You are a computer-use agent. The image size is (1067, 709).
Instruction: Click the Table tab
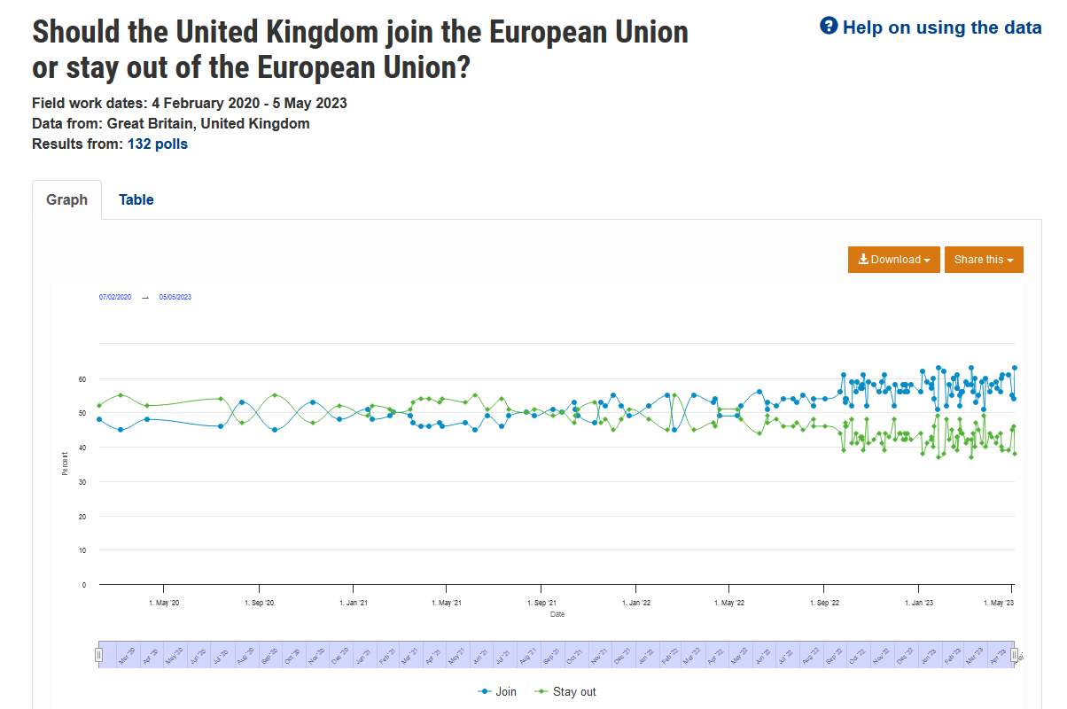(x=136, y=200)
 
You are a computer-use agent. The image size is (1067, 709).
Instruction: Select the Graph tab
(x=67, y=200)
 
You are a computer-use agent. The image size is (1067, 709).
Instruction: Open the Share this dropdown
(x=984, y=260)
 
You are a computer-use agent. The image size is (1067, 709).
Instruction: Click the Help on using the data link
(x=941, y=27)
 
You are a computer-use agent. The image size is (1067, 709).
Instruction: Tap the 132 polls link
(x=158, y=144)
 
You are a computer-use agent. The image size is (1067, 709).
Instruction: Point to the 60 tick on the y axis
(x=82, y=378)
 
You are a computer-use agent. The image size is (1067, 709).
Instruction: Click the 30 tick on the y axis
(x=82, y=482)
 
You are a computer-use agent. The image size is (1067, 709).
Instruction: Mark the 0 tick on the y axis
(x=84, y=585)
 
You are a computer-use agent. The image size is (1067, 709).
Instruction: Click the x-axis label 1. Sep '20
(x=260, y=604)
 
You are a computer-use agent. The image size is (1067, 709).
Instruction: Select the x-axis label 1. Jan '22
(x=635, y=604)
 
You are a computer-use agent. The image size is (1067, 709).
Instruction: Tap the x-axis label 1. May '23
(x=1000, y=604)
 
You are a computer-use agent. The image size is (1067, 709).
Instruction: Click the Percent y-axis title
(x=65, y=464)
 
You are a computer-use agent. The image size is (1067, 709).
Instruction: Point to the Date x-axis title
(x=557, y=614)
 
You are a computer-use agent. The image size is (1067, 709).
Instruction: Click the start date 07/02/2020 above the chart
(x=115, y=297)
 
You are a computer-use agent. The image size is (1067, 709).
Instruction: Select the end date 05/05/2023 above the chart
(x=175, y=297)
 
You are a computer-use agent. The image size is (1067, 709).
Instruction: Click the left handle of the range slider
(x=99, y=655)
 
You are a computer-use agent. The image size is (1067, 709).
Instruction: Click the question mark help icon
(x=829, y=27)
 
